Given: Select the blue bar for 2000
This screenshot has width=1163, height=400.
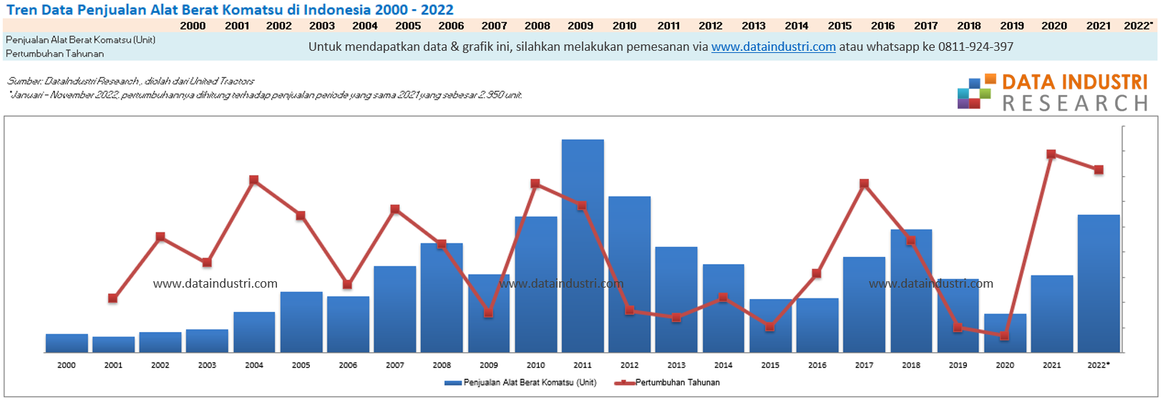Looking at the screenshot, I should click(67, 343).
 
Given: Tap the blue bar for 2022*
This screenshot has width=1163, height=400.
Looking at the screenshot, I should click(1099, 283).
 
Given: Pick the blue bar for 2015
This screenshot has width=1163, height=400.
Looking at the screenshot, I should click(770, 326).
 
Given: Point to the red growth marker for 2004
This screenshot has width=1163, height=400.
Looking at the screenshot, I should click(254, 180).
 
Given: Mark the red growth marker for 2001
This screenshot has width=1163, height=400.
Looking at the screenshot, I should click(113, 298).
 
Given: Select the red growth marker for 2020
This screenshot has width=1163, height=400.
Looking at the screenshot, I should click(1005, 336).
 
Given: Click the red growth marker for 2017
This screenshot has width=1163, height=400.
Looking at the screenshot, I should click(864, 184).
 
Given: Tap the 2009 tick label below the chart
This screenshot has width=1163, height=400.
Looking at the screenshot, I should click(489, 365).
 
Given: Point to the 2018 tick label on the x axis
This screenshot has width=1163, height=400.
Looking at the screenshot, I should click(911, 365).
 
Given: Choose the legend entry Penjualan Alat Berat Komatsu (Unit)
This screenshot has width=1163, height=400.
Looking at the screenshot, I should click(521, 383).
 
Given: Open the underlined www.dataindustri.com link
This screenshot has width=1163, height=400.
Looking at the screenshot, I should click(773, 47).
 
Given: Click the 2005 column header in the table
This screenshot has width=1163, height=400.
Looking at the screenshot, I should click(408, 26).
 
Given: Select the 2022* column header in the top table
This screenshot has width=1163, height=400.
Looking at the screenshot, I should click(1138, 26).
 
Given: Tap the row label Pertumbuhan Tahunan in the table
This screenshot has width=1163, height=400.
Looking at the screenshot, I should click(54, 54).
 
